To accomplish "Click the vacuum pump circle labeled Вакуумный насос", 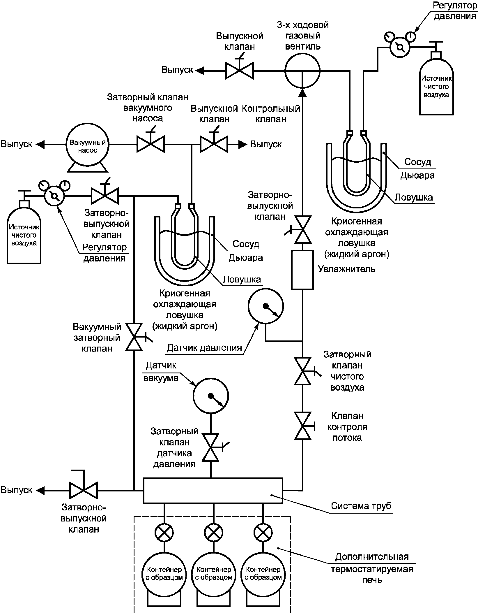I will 87,144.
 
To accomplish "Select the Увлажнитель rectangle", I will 302,270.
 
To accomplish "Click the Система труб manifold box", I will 213,490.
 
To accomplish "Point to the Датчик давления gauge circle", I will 265,306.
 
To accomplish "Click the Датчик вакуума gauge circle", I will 211,396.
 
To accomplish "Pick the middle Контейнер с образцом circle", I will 214,573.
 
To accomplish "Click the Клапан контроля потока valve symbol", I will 303,426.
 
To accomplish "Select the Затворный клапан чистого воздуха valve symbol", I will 303,371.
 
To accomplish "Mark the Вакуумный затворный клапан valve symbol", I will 134,337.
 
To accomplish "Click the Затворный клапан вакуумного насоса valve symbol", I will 151,144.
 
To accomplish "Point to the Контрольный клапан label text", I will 271,114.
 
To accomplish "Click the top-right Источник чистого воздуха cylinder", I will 436,85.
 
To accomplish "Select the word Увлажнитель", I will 346,269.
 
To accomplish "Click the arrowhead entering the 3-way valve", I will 302,93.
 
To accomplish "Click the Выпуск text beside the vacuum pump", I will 16,144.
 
